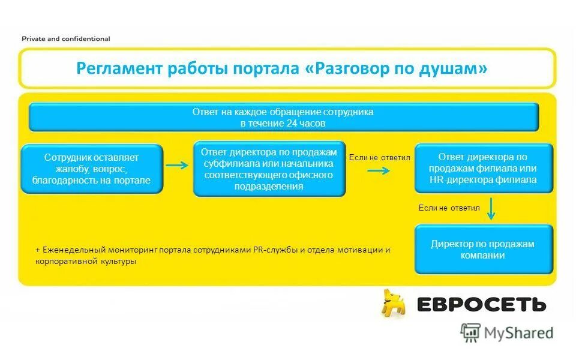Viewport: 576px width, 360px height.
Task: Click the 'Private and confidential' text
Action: pyautogui.click(x=66, y=38)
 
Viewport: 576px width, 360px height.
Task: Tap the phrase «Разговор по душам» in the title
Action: pyautogui.click(x=396, y=68)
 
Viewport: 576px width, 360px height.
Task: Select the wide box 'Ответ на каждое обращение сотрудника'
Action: pyautogui.click(x=283, y=117)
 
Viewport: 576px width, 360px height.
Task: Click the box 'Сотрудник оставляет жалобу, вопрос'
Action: pyautogui.click(x=92, y=169)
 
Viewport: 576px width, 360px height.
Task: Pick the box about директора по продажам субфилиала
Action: pyautogui.click(x=269, y=169)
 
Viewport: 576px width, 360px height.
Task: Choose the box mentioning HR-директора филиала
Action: pyautogui.click(x=483, y=168)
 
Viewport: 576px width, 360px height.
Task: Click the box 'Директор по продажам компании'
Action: pyautogui.click(x=483, y=249)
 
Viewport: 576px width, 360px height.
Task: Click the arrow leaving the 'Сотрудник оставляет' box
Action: pyautogui.click(x=177, y=166)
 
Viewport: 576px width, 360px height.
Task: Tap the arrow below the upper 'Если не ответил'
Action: pyautogui.click(x=379, y=170)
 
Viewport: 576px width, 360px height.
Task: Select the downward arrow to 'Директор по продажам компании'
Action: pyautogui.click(x=491, y=209)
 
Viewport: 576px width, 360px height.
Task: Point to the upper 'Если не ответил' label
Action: pyautogui.click(x=379, y=157)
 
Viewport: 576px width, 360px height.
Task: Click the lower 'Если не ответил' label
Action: pyautogui.click(x=449, y=208)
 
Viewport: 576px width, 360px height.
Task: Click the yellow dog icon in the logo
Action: pyautogui.click(x=394, y=303)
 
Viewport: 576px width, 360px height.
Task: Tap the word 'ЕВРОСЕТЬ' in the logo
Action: pyautogui.click(x=481, y=304)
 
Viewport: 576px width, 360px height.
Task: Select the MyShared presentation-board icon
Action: pyautogui.click(x=470, y=332)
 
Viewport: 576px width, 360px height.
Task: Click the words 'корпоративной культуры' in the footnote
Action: pyautogui.click(x=86, y=262)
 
